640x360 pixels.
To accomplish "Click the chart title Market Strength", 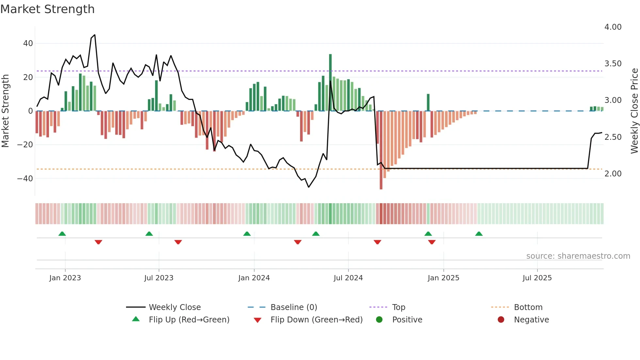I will click(x=47, y=9).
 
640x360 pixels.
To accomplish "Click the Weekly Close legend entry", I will click(x=174, y=307).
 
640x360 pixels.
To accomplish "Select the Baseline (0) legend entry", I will click(x=294, y=307).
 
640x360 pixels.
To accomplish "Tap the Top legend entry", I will click(x=398, y=307).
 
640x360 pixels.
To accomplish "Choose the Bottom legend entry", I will click(x=528, y=307).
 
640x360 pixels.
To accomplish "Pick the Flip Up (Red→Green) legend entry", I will click(x=189, y=320).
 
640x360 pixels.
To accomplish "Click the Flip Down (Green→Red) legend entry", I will click(x=316, y=320).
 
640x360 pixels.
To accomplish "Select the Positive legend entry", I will click(x=407, y=320).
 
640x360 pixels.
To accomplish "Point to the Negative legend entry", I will click(x=531, y=320).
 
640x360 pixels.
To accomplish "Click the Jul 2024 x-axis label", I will click(x=348, y=278).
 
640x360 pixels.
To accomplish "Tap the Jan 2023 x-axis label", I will click(x=65, y=278).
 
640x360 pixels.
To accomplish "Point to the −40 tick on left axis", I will click(x=25, y=179).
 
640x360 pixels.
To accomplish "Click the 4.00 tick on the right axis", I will click(x=613, y=27).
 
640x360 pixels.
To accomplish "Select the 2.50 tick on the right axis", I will click(x=613, y=137).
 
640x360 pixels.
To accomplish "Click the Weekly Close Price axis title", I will click(x=634, y=111).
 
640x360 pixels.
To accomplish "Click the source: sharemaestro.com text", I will click(x=578, y=256).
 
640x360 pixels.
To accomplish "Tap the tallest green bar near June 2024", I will click(x=330, y=82).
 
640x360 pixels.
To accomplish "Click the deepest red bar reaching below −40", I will click(x=381, y=150).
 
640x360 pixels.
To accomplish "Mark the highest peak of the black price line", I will click(x=95, y=35).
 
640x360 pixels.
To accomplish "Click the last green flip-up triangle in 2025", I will click(x=479, y=234).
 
